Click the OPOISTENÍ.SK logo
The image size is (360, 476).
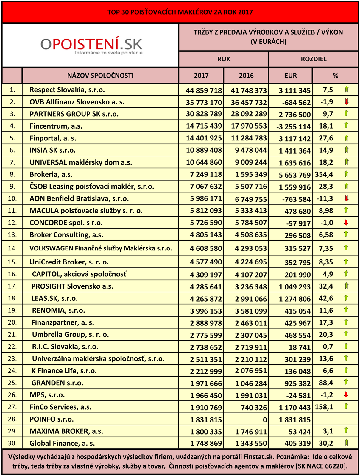tap(91, 46)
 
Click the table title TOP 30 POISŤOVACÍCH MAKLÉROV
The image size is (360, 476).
tap(180, 12)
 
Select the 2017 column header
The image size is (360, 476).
tap(201, 76)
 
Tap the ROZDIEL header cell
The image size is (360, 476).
tap(314, 59)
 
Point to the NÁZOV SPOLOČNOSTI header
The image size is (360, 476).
tap(100, 76)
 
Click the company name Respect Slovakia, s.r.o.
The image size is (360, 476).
tap(67, 90)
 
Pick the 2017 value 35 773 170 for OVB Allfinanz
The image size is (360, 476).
tap(204, 102)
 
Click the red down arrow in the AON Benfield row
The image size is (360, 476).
tap(346, 198)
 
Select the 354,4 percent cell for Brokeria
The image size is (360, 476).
tap(324, 174)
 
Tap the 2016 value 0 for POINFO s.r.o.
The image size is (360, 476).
tap(265, 420)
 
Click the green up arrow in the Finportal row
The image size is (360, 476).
tap(346, 138)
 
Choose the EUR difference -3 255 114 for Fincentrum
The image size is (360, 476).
tap(294, 126)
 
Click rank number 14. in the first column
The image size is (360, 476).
tap(12, 248)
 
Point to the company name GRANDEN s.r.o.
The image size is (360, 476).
tap(57, 383)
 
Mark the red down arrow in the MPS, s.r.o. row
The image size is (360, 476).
tap(346, 395)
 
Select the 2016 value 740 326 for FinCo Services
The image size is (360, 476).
tap(254, 408)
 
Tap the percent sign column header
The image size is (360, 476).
tap(336, 76)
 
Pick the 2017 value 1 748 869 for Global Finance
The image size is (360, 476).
tap(206, 443)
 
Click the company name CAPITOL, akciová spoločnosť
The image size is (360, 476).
tap(79, 274)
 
